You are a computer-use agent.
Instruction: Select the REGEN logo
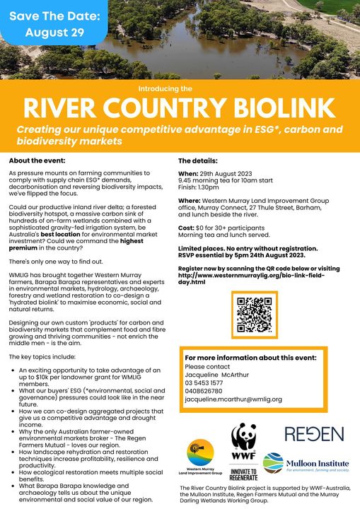[x=304, y=434]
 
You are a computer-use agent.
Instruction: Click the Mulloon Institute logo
[x=302, y=462]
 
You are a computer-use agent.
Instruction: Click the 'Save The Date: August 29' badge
[x=53, y=23]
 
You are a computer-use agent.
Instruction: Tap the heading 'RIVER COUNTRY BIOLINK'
[x=179, y=109]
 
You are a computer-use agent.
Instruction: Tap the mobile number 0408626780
[x=204, y=391]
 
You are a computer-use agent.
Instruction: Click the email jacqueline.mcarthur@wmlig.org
[x=233, y=399]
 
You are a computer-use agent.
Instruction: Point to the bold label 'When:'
[x=189, y=174]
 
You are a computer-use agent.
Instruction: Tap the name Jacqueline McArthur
[x=216, y=375]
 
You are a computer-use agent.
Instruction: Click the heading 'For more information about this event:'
[x=250, y=358]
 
